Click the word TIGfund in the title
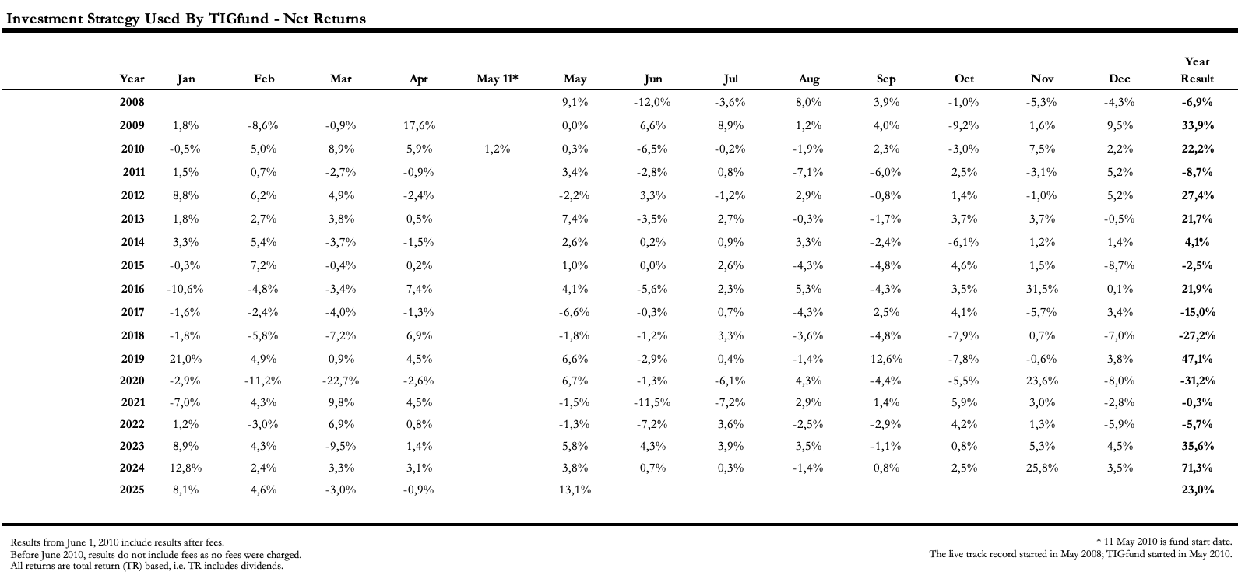point(238,19)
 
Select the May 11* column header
point(498,79)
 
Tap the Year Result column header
point(1197,70)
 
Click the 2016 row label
point(132,289)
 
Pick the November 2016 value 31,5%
point(1043,289)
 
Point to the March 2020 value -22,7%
point(340,381)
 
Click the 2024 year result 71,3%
point(1197,468)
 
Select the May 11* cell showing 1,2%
point(498,149)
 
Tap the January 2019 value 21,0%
point(185,359)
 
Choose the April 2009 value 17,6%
point(419,125)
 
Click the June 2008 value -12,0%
point(652,102)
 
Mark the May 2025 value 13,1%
point(575,490)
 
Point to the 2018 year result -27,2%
point(1197,335)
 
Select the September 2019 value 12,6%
point(887,359)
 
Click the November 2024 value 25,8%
point(1043,468)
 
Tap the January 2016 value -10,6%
point(185,289)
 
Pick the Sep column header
point(886,79)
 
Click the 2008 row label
point(132,102)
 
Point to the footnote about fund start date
point(1164,542)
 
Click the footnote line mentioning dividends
point(147,567)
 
